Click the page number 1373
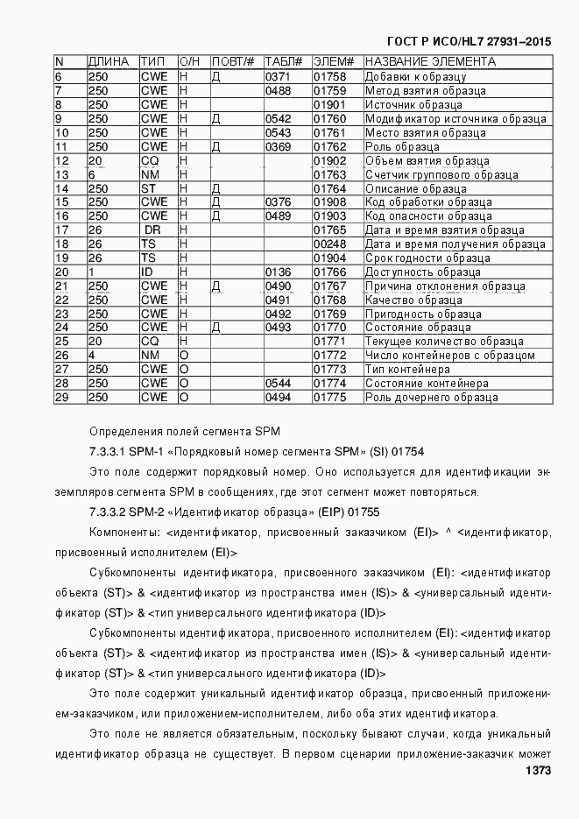click(538, 771)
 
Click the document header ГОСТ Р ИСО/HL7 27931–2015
click(469, 42)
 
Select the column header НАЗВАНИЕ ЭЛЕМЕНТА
click(429, 62)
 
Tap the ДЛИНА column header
click(109, 62)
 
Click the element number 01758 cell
click(330, 76)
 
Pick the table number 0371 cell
click(278, 76)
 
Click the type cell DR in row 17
click(154, 229)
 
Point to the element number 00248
click(330, 244)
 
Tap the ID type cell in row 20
click(146, 272)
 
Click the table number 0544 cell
click(278, 383)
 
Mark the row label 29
click(61, 397)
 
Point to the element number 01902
click(330, 160)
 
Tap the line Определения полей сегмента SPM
click(184, 431)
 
